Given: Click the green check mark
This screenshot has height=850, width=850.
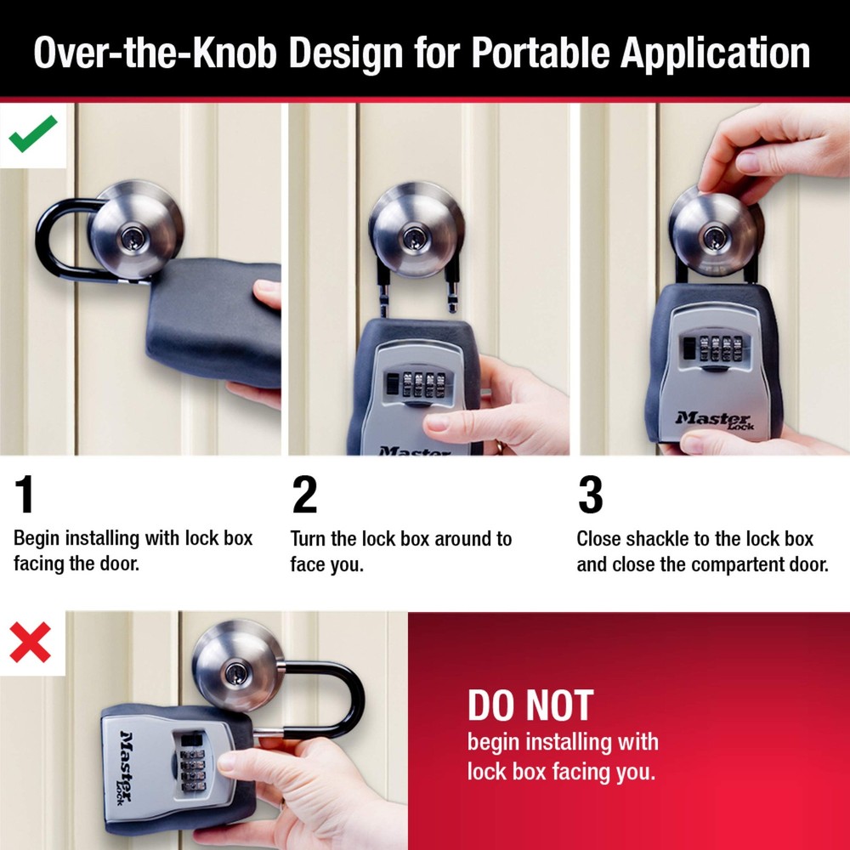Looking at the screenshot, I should (33, 133).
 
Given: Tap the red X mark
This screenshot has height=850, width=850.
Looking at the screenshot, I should (31, 643).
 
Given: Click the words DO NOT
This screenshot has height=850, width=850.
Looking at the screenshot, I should (530, 706).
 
